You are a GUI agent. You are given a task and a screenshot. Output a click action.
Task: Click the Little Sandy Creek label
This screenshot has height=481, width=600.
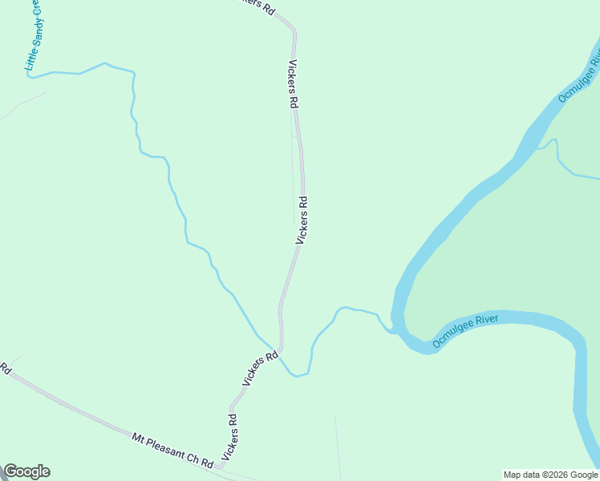[x=36, y=37]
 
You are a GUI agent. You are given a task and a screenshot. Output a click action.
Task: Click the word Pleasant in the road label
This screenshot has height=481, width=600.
[x=167, y=448]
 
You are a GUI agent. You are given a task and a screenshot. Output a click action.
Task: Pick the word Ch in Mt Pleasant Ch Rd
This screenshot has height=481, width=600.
[x=195, y=459]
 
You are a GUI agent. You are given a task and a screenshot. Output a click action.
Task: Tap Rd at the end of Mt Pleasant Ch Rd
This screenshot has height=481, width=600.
[x=208, y=464]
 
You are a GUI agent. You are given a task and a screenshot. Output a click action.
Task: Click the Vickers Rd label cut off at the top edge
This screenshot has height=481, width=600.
[x=259, y=6]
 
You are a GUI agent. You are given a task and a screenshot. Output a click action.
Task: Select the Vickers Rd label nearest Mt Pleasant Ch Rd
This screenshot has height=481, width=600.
[x=230, y=437]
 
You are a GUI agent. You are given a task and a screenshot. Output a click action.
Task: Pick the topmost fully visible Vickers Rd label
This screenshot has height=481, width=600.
[x=293, y=85]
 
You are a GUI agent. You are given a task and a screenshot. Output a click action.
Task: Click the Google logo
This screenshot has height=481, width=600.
[x=26, y=471]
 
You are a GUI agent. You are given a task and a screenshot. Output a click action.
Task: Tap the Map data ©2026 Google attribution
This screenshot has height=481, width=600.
[x=551, y=475]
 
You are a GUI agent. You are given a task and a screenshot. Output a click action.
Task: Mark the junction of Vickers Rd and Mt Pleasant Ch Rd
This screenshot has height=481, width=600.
[x=219, y=467]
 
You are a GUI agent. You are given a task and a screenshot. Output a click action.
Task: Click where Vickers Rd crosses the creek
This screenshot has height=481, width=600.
[x=281, y=350]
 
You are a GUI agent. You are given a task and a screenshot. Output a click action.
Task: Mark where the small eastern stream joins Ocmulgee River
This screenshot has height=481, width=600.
[x=536, y=148]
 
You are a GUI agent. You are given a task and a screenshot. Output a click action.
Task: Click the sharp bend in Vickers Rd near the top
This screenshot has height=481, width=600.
[x=294, y=30]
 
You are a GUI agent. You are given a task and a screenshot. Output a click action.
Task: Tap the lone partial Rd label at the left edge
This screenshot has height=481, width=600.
[x=5, y=370]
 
